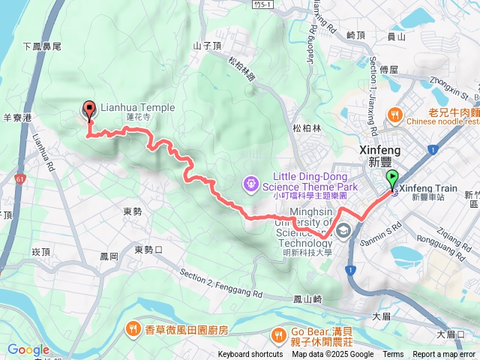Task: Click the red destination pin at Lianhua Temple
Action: pos(89,110)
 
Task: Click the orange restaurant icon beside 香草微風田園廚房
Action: pos(133,328)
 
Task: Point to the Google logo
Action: pos(28,349)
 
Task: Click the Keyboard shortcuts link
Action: pos(250,355)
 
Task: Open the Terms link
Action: pos(393,355)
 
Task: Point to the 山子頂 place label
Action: pos(208,45)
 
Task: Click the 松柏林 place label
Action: pos(307,128)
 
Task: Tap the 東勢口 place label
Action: pos(148,249)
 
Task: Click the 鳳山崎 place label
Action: pos(307,299)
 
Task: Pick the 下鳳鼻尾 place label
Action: pos(43,46)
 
